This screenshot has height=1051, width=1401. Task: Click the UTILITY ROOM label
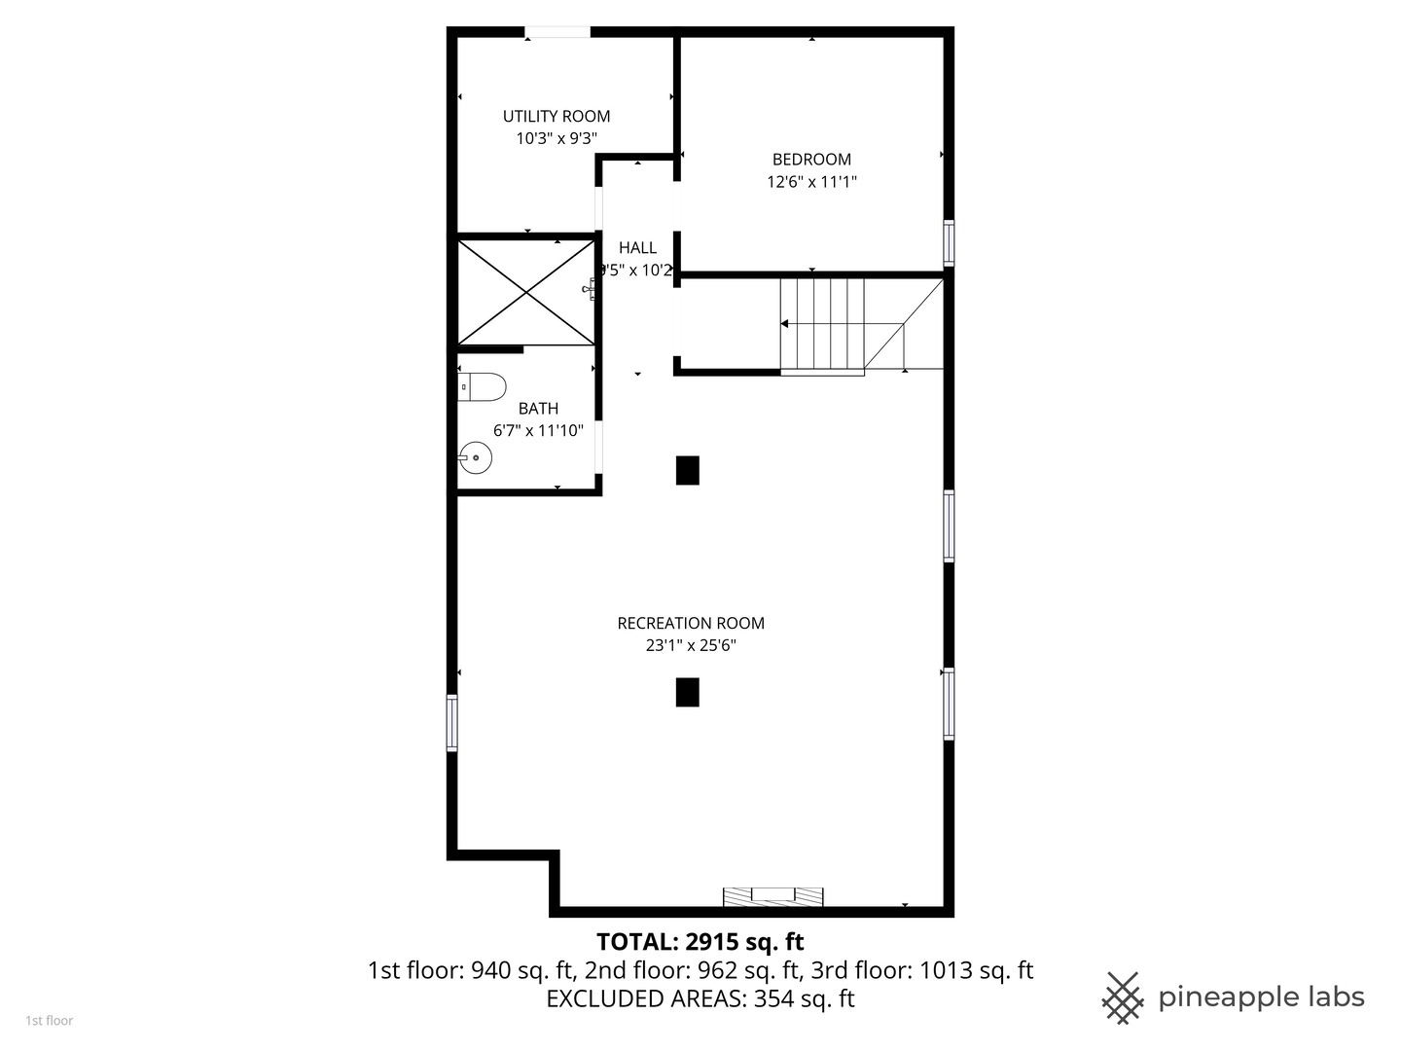click(557, 116)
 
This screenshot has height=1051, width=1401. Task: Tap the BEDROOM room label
click(811, 160)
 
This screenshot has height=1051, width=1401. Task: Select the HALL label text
click(637, 248)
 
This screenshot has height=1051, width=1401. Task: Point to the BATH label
click(538, 409)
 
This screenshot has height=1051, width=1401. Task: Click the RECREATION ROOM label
click(691, 623)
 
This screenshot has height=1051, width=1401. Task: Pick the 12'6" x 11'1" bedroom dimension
click(811, 182)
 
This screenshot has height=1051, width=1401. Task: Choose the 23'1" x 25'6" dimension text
click(691, 645)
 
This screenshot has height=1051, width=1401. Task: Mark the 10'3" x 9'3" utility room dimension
click(557, 138)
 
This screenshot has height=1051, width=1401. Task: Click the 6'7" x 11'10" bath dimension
click(538, 430)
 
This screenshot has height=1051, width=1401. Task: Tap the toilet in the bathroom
click(482, 386)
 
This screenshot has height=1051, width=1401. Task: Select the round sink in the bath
click(475, 457)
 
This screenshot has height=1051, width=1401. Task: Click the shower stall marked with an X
click(526, 292)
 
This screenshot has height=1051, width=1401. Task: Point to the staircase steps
click(822, 324)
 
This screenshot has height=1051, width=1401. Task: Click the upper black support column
click(688, 470)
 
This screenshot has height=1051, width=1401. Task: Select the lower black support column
click(688, 692)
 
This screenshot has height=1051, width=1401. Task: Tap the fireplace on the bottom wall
click(772, 896)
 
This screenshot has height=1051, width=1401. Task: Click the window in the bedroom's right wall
click(949, 242)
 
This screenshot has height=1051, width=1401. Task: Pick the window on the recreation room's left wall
click(452, 722)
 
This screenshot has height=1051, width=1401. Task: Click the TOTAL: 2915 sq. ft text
click(700, 942)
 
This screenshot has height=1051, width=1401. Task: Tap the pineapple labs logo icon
click(1122, 997)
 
